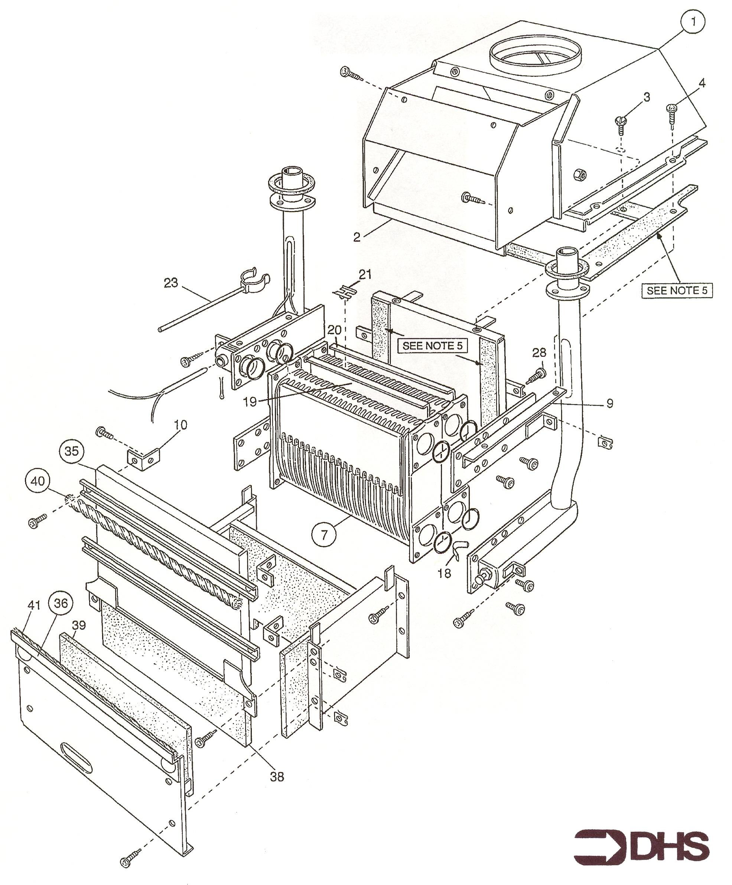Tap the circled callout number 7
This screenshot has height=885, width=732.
(324, 534)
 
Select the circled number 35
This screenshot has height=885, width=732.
(72, 451)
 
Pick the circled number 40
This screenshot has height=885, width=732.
(38, 481)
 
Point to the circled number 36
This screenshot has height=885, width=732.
(61, 604)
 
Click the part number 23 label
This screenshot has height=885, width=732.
(171, 283)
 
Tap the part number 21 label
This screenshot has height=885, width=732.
(365, 275)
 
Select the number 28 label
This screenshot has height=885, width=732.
(539, 353)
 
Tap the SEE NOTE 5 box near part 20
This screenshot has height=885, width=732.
(432, 346)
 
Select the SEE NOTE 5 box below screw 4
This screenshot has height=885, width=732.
(677, 290)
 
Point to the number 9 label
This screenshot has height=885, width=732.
(610, 403)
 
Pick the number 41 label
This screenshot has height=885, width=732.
(34, 605)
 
